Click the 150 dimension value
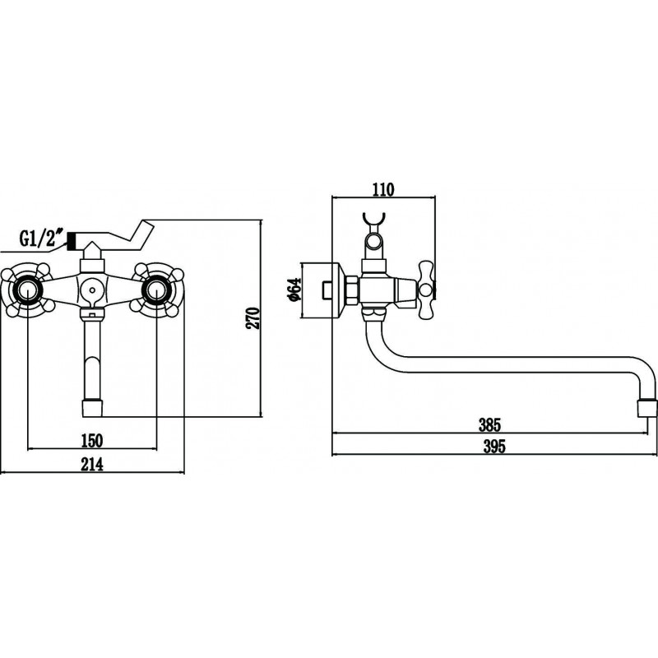click(91, 440)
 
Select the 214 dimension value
click(92, 464)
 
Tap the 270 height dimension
click(253, 318)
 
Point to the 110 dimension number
click(383, 190)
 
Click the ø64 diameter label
click(295, 290)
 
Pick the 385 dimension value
click(489, 425)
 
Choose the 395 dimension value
click(494, 447)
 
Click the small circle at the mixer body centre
click(92, 290)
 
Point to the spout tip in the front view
click(92, 408)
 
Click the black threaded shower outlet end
click(71, 241)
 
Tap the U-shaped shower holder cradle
click(373, 223)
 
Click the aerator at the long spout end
click(646, 408)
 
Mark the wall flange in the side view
click(324, 290)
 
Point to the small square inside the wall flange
click(327, 290)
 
